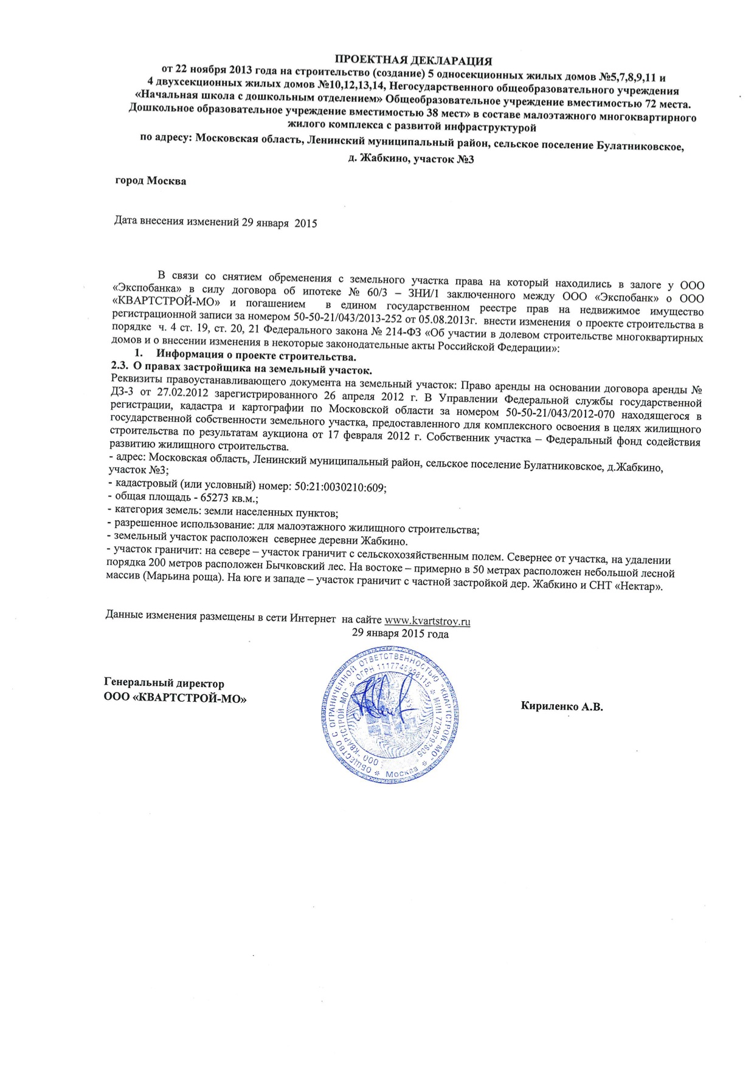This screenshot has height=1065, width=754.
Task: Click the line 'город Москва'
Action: click(x=151, y=181)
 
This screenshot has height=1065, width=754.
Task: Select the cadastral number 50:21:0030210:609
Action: click(x=341, y=487)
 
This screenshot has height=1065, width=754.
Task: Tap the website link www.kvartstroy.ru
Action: click(x=427, y=621)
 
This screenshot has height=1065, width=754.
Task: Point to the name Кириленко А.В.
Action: click(x=562, y=707)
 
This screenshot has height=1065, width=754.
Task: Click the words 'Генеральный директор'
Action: click(x=164, y=683)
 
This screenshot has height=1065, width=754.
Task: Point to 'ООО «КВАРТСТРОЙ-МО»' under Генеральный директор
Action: click(x=176, y=699)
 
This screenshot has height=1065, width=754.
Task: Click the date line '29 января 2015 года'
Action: click(x=400, y=634)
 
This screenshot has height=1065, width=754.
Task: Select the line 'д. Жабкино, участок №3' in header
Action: click(x=411, y=159)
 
